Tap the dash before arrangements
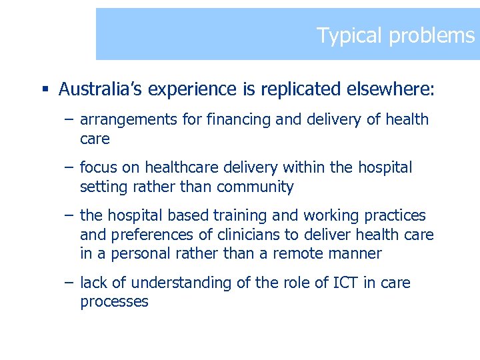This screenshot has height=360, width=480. tap(69, 120)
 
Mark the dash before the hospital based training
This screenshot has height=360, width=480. tap(69, 216)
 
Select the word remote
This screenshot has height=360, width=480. tap(315, 254)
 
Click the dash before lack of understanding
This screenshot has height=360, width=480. tap(69, 283)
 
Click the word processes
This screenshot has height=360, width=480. tap(114, 302)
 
